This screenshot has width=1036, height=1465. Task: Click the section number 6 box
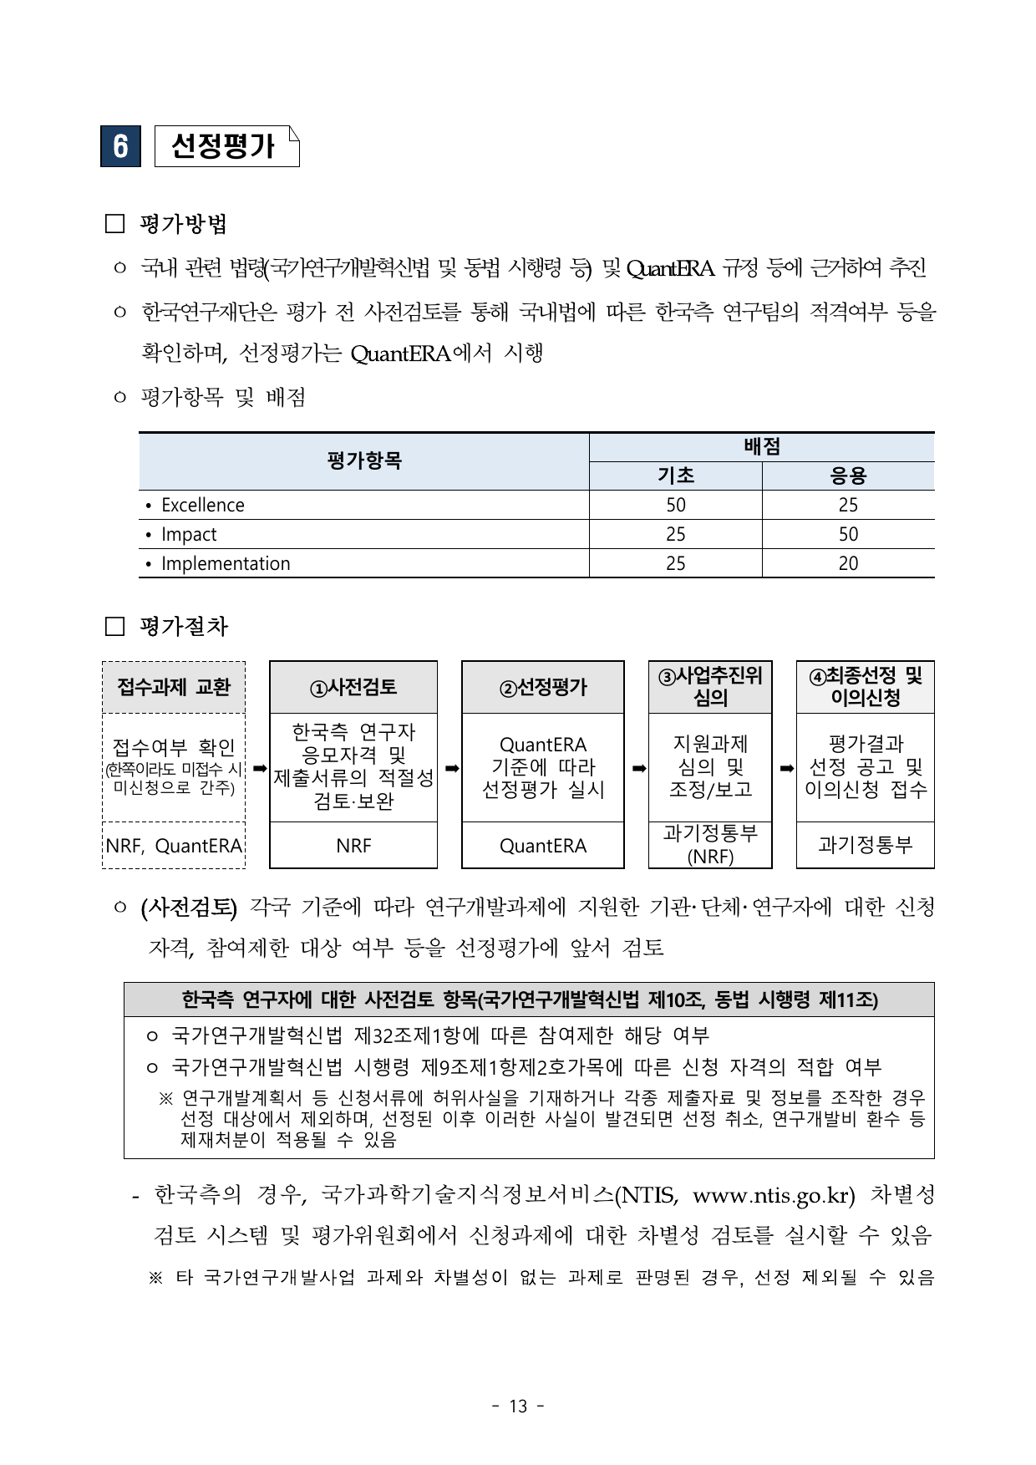click(120, 146)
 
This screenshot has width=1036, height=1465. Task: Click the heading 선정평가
click(222, 146)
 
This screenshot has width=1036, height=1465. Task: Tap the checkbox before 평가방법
click(114, 224)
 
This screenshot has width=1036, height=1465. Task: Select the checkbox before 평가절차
click(114, 627)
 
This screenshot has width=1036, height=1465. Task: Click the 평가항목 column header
click(364, 460)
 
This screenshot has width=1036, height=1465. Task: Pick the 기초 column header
click(675, 476)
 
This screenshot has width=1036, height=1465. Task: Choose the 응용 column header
click(848, 476)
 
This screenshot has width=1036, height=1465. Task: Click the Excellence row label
click(203, 505)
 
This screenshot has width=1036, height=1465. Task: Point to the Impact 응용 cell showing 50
click(848, 534)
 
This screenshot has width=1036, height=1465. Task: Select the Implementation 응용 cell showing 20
click(848, 563)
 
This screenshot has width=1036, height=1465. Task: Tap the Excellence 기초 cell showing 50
click(675, 505)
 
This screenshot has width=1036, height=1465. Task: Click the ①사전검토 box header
click(353, 688)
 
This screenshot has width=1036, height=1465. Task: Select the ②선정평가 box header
click(543, 688)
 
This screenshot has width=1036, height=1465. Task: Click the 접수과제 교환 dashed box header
click(174, 688)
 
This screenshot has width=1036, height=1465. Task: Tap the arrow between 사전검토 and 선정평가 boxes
click(450, 767)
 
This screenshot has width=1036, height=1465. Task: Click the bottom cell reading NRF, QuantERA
click(174, 846)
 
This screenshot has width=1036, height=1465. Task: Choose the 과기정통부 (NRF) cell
click(710, 844)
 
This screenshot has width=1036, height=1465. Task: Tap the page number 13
click(518, 1407)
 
